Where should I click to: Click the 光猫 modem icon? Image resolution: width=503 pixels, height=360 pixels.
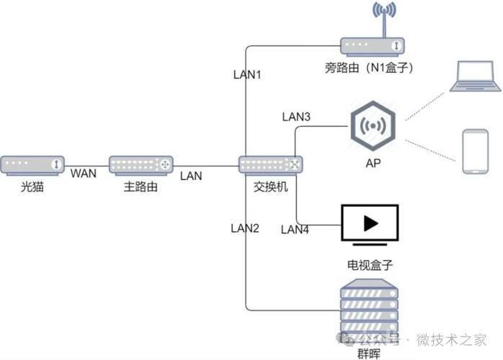tap(32, 166)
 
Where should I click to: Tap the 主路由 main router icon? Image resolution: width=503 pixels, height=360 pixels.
tap(141, 166)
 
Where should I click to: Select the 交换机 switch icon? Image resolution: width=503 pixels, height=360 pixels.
tap(271, 166)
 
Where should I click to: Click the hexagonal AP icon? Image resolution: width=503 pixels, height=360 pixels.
tap(373, 126)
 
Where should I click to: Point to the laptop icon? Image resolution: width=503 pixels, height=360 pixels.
tap(475, 76)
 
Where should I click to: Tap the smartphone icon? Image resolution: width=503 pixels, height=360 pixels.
tap(476, 152)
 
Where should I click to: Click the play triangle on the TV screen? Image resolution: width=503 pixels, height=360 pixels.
tap(371, 223)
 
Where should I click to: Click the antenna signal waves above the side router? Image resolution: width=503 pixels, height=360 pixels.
tap(384, 9)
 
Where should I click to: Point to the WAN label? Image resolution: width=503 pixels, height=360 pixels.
tap(84, 174)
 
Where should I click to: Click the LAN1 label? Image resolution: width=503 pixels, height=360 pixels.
tap(247, 75)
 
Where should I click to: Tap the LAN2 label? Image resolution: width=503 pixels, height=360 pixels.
tap(245, 228)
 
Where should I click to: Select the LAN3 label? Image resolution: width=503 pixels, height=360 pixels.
tap(296, 117)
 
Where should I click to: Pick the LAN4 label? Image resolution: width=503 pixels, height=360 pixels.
tap(295, 230)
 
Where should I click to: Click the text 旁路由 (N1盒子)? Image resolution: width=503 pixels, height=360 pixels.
tap(369, 68)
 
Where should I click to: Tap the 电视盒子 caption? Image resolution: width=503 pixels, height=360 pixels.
tap(370, 265)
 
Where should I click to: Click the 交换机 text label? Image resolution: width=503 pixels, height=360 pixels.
tap(271, 186)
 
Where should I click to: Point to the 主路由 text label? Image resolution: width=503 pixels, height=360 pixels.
tap(141, 186)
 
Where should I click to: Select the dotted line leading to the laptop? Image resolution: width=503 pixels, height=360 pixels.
tap(425, 107)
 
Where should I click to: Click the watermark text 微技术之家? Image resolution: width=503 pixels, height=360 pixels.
tap(452, 340)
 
